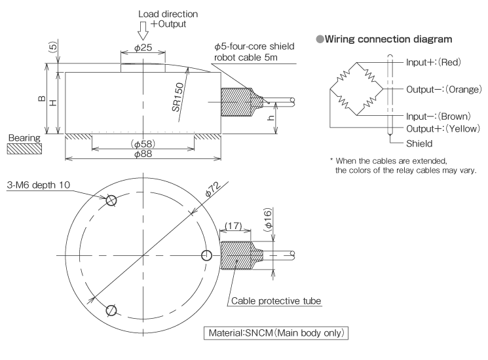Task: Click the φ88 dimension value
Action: click(143, 154)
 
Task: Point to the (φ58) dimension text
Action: click(143, 143)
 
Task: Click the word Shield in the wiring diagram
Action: click(419, 142)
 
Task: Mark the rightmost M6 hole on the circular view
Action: click(207, 255)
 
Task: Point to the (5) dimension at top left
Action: click(52, 48)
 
